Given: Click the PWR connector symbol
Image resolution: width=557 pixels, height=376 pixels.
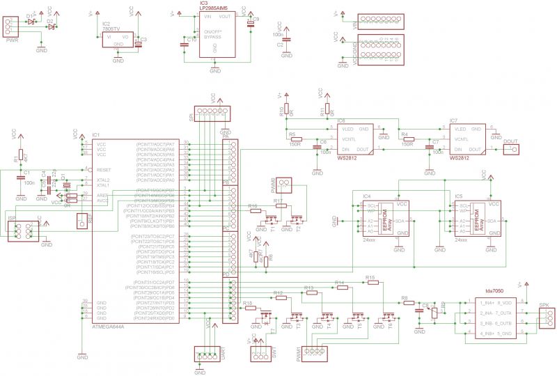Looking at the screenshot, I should [10, 26].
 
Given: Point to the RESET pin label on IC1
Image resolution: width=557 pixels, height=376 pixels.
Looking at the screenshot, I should [103, 170].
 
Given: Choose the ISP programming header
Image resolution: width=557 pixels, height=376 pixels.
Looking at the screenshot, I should [19, 230].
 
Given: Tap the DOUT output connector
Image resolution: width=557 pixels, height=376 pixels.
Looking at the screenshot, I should [511, 150].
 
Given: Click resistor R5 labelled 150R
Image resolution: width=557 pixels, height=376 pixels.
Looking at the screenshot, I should [295, 139].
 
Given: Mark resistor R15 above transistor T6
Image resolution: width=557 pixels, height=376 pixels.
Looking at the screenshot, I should [370, 283].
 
